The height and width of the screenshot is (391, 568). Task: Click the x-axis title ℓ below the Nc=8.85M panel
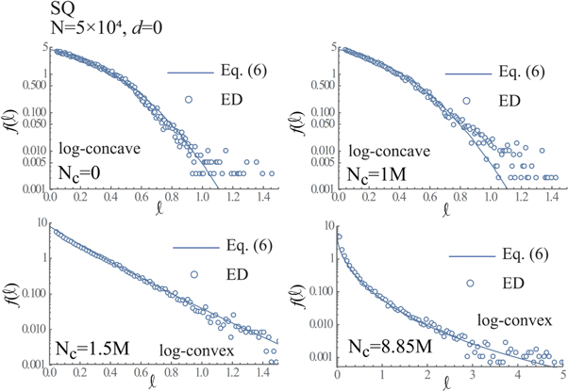[x=451, y=383]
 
